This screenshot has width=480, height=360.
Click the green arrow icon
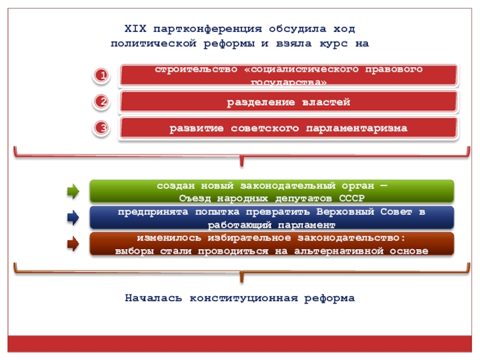pos(73,192)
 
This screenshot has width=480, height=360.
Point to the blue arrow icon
pos(73,218)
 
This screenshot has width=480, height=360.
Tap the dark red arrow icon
pos(73,244)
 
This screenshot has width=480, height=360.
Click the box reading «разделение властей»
pos(288,103)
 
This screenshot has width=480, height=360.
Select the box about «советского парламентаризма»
pos(288,128)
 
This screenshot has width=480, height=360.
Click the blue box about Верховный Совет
pos(272,218)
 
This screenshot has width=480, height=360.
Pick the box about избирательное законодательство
pos(272,244)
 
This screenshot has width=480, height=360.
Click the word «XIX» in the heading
pos(134,29)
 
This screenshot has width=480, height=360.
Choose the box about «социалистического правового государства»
pos(288,76)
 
